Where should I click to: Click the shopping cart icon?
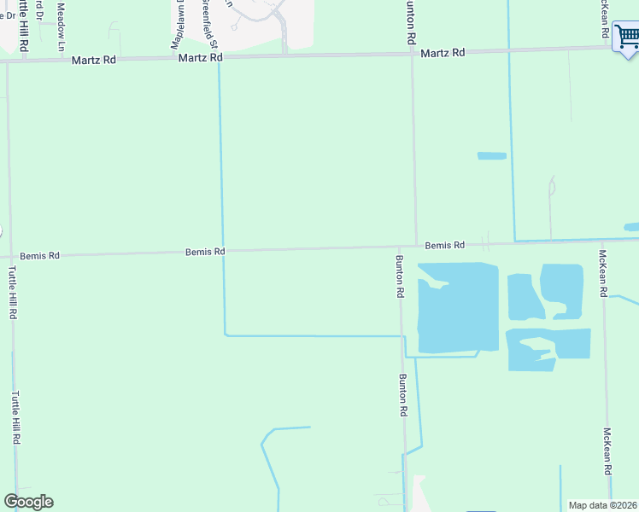point(626,38)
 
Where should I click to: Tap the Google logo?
point(28,502)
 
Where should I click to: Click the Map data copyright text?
point(602,505)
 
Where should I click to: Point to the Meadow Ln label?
point(61,26)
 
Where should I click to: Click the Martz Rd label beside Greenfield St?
point(201,57)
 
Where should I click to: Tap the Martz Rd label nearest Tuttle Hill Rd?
point(94,60)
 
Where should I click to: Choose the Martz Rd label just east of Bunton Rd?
point(443,53)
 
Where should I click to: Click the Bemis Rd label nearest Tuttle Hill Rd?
point(42,255)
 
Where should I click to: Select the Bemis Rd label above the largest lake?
point(444,245)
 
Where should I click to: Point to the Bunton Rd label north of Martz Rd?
point(411,24)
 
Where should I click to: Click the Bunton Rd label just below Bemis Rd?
point(399,276)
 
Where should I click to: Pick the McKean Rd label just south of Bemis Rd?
point(602,274)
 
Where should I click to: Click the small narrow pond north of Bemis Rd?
point(491,156)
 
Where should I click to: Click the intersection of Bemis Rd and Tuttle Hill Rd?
point(10,256)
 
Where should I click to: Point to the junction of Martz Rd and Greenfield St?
point(219,58)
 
